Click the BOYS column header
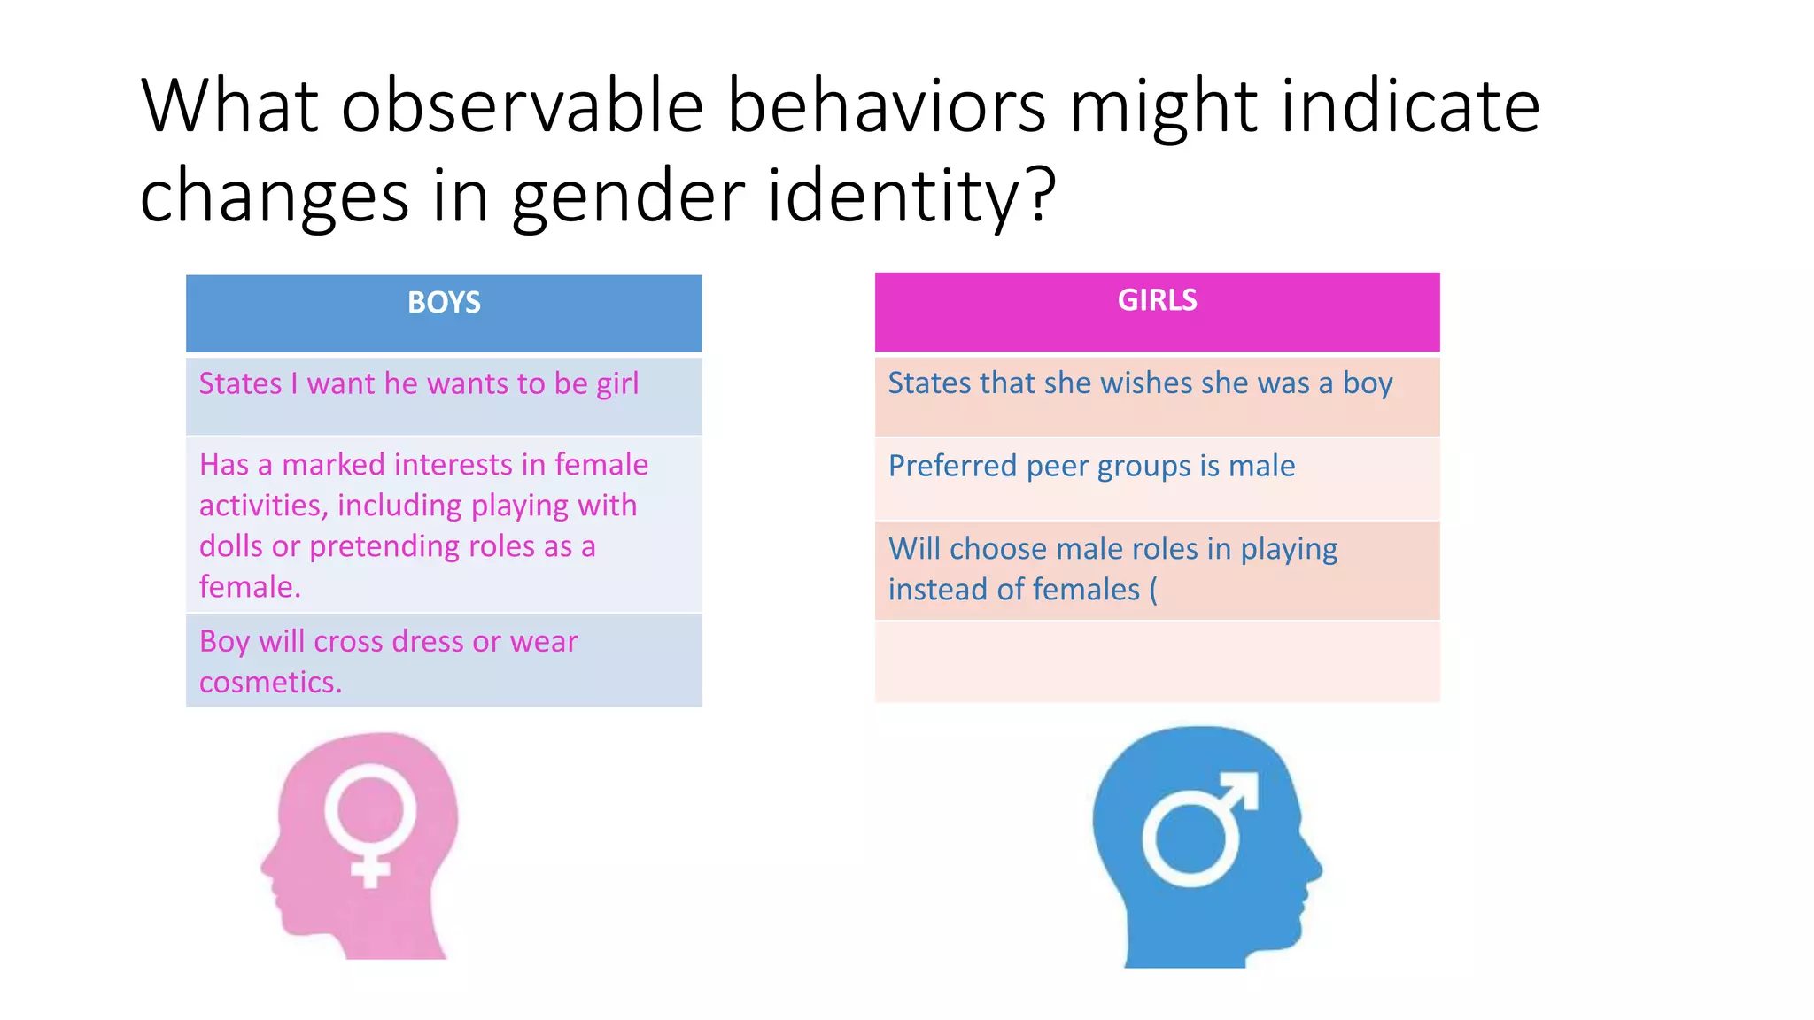[444, 303]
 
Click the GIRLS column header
[1157, 300]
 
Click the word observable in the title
[523, 107]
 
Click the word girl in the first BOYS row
[617, 383]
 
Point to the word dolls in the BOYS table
[231, 546]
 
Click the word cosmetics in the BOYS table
[269, 683]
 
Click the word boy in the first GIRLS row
[1368, 383]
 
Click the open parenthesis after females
[1153, 590]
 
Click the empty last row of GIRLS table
[1157, 661]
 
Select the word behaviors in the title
[887, 107]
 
